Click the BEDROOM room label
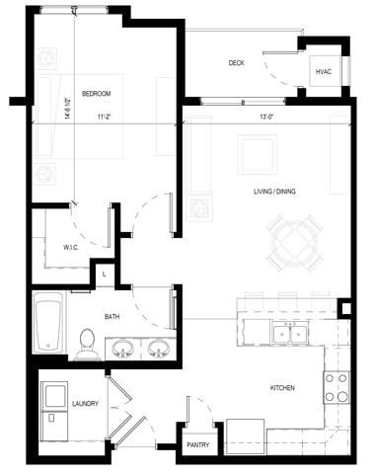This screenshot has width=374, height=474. (x=97, y=94)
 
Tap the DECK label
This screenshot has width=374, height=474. (x=236, y=63)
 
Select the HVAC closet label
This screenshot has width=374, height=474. (x=323, y=72)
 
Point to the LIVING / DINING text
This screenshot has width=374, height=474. (x=272, y=192)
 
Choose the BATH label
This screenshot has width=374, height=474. (x=112, y=317)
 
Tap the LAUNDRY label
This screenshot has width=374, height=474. (x=86, y=404)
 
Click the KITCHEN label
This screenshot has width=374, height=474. (x=282, y=388)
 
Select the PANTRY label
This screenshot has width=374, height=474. (x=196, y=445)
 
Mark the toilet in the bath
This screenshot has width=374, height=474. (x=86, y=344)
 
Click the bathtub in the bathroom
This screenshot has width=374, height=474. (x=47, y=321)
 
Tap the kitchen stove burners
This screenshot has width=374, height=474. (x=336, y=386)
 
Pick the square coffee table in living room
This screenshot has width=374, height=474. (x=259, y=155)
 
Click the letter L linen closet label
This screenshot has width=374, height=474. (x=105, y=274)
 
